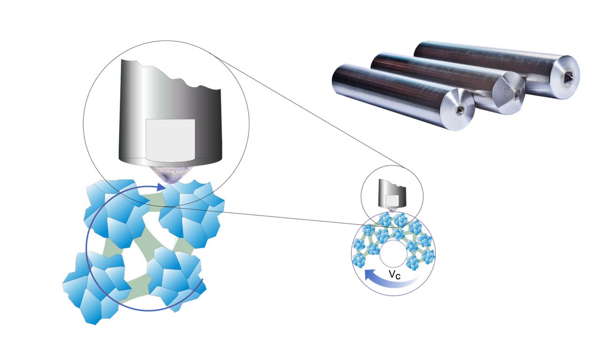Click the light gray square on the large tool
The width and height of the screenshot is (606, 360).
[170, 139]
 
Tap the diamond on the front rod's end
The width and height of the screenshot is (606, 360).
[459, 110]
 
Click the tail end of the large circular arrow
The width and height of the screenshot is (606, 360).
[202, 282]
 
